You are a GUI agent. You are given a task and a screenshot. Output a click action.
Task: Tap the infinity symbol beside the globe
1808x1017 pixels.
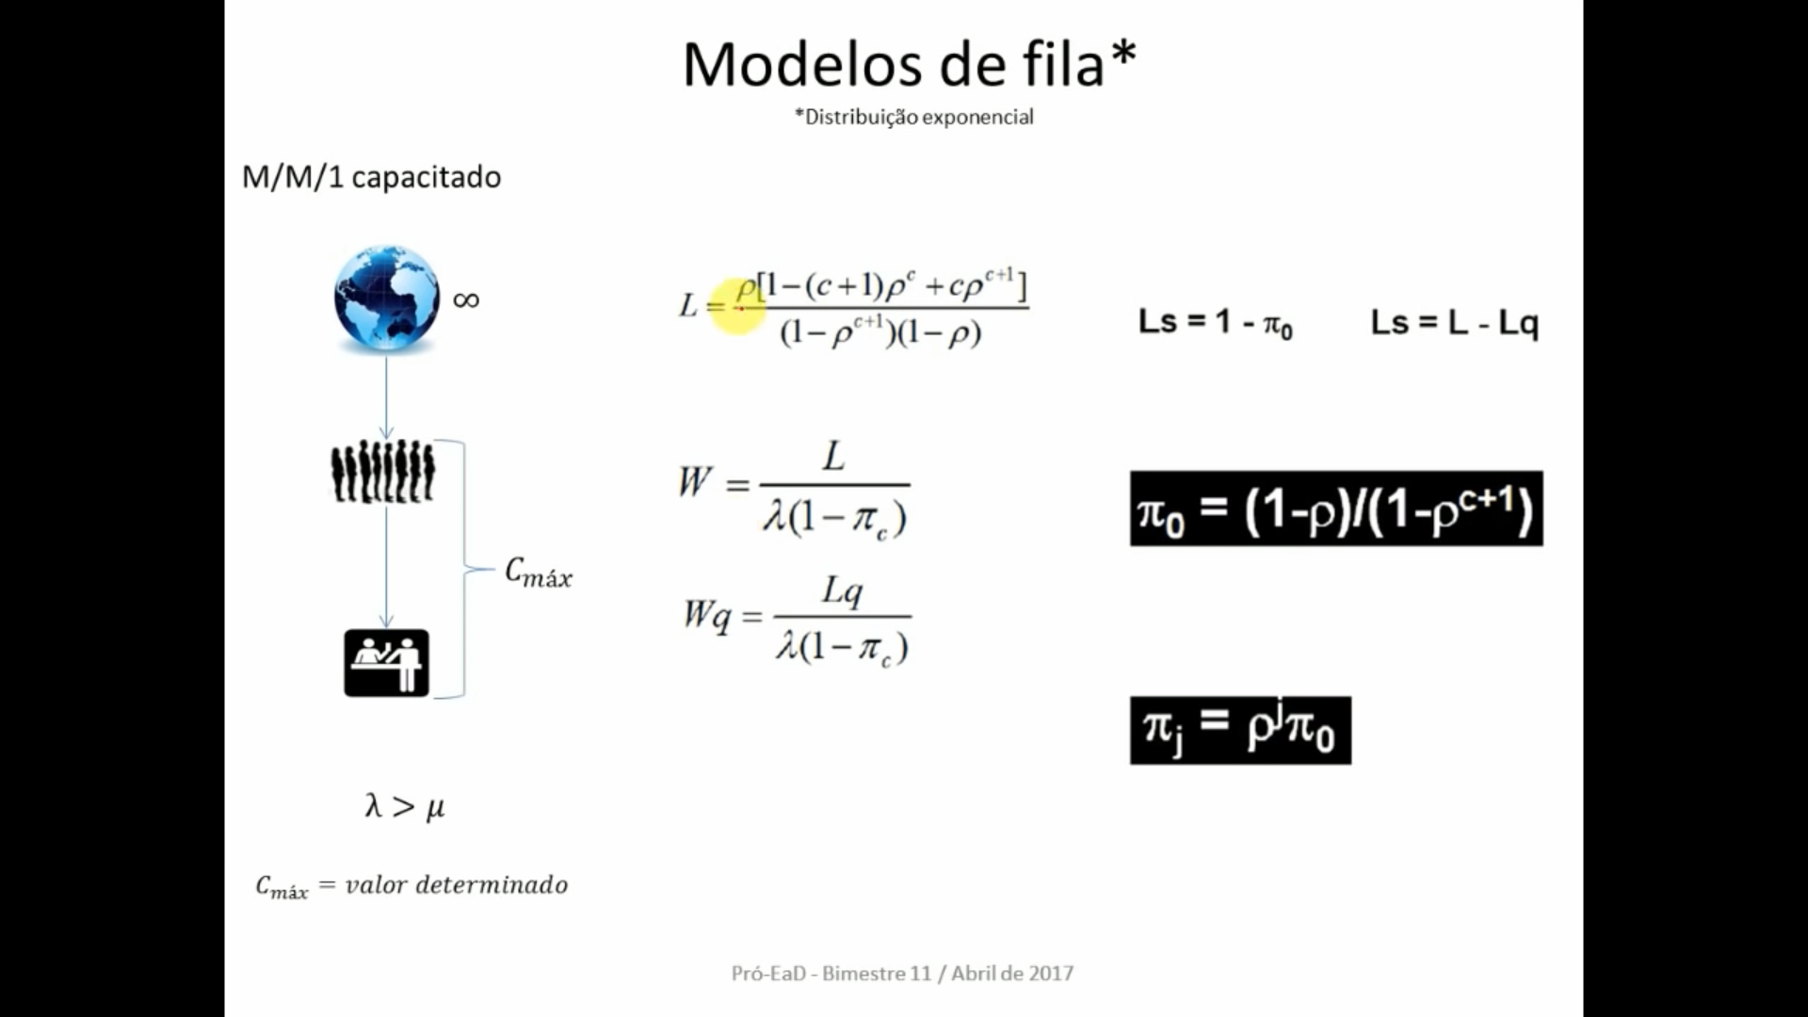[466, 300]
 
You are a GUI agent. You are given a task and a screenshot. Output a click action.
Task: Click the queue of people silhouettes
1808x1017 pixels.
[383, 470]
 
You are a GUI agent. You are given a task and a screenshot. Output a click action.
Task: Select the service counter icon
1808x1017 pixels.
[386, 663]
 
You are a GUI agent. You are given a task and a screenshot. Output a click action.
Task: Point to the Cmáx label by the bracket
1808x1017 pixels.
[539, 573]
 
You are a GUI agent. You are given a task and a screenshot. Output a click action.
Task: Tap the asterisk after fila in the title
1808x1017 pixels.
[1123, 56]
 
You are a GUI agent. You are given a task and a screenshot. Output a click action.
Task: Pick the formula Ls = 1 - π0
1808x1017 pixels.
[1215, 323]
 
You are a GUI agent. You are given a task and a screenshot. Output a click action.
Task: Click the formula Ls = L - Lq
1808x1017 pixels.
[1454, 323]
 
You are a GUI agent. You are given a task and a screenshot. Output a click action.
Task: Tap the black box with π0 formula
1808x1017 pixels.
[1335, 508]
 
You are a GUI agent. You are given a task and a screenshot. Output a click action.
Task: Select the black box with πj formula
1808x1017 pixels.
[1239, 730]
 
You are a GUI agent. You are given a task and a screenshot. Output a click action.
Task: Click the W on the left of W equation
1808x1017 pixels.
[694, 482]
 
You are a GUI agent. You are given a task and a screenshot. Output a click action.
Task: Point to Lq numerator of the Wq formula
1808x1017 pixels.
[842, 591]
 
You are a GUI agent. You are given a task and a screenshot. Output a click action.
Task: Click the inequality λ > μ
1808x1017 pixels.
[405, 806]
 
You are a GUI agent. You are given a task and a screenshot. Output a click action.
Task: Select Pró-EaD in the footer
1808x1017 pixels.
[768, 974]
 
